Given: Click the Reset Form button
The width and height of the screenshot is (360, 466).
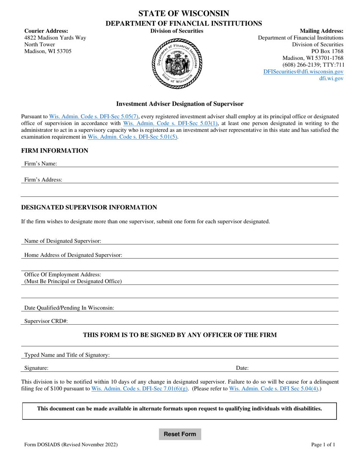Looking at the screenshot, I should pyautogui.click(x=180, y=434).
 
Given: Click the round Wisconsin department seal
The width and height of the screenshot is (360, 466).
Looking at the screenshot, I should pyautogui.click(x=177, y=63).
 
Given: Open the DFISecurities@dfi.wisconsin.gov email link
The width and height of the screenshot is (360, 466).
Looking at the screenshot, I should pyautogui.click(x=303, y=72).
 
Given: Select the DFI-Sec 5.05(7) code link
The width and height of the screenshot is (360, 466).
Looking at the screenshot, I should pyautogui.click(x=94, y=117).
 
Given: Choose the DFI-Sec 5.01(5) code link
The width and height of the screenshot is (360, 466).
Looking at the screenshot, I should pyautogui.click(x=132, y=137).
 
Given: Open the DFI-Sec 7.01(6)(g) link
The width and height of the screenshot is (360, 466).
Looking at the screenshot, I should pyautogui.click(x=139, y=389).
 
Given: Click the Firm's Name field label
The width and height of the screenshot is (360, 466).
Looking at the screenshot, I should pyautogui.click(x=41, y=164).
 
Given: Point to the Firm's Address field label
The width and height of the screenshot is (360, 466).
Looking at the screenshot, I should pyautogui.click(x=43, y=180).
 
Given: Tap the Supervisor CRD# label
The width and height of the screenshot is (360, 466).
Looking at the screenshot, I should pyautogui.click(x=46, y=321).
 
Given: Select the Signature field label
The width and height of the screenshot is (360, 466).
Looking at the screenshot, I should pyautogui.click(x=36, y=368).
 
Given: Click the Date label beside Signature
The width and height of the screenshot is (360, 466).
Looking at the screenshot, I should pyautogui.click(x=242, y=368).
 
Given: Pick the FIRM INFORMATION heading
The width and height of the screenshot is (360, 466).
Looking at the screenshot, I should pyautogui.click(x=55, y=151).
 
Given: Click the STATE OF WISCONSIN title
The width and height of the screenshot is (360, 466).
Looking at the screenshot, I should pyautogui.click(x=183, y=14).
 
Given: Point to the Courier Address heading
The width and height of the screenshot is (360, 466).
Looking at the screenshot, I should pyautogui.click(x=46, y=31).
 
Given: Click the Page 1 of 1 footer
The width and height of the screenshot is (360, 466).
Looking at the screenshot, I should pyautogui.click(x=323, y=445).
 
